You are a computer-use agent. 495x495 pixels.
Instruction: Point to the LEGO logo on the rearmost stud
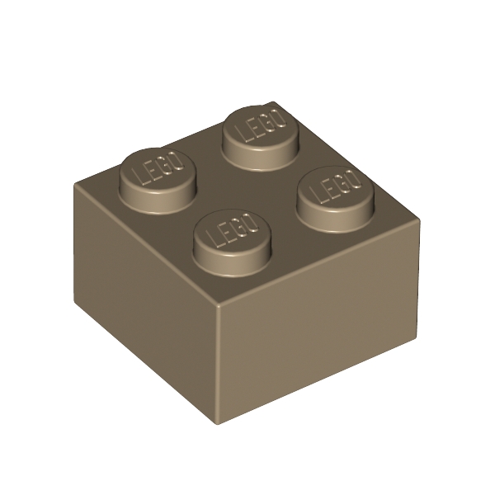(258, 125)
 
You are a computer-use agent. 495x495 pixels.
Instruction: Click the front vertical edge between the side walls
(217, 363)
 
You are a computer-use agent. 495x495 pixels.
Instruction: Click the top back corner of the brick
(273, 101)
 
